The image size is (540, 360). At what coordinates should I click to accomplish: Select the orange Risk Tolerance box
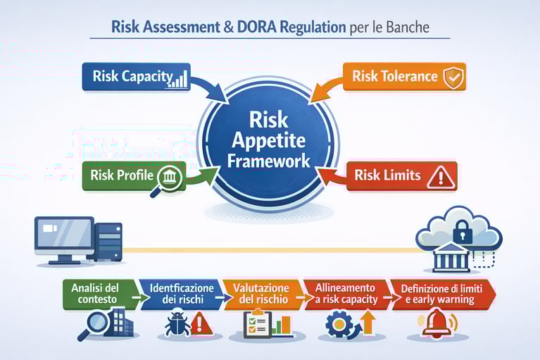[405, 77]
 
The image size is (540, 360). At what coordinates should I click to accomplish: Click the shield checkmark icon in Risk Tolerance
[453, 77]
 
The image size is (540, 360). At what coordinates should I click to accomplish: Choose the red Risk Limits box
[401, 175]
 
